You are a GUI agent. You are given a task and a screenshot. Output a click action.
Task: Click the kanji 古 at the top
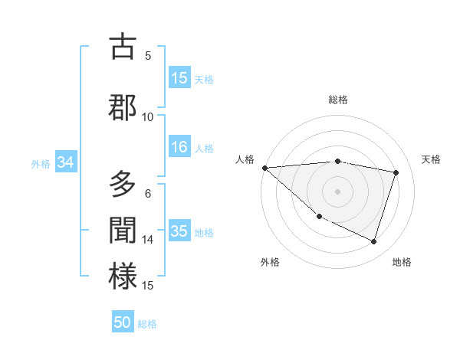123,47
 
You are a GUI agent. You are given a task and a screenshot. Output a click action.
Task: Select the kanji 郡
123,107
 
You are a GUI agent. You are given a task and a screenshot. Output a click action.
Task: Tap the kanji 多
123,185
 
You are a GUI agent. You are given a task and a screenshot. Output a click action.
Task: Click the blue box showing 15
179,78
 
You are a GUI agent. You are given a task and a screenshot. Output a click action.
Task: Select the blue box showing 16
179,148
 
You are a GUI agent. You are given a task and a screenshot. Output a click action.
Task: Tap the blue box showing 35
179,231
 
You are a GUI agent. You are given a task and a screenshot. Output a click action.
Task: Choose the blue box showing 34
65,162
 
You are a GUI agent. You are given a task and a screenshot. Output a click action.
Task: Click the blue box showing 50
123,322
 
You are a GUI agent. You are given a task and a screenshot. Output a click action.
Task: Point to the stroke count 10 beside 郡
148,116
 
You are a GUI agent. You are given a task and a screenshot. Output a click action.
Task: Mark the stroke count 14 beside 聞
148,240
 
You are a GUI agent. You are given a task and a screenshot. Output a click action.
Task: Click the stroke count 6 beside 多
148,194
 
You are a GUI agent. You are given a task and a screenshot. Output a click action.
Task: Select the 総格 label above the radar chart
338,100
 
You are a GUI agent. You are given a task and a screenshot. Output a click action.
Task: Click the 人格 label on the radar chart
245,159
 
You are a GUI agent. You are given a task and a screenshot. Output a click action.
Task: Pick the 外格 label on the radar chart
270,262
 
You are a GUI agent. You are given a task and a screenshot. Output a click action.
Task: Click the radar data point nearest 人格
264,168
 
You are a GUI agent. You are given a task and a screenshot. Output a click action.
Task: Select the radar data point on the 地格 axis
373,242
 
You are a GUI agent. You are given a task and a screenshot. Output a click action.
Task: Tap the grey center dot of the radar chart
337,191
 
